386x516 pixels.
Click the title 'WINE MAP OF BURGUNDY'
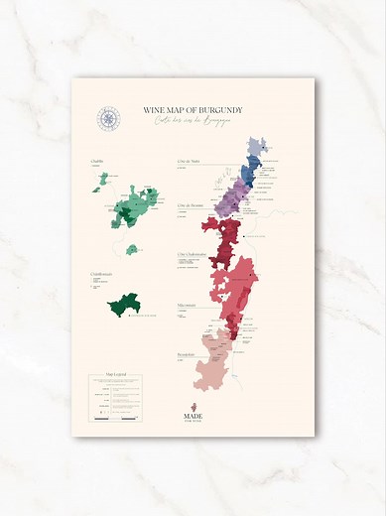click(x=193, y=110)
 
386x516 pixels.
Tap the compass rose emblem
click(x=108, y=119)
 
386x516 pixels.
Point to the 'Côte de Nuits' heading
click(x=191, y=161)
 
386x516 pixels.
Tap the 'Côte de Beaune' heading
click(x=191, y=206)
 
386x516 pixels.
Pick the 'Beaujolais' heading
click(x=188, y=353)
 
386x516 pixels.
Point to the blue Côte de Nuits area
click(x=249, y=172)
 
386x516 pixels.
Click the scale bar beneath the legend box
click(x=115, y=420)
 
